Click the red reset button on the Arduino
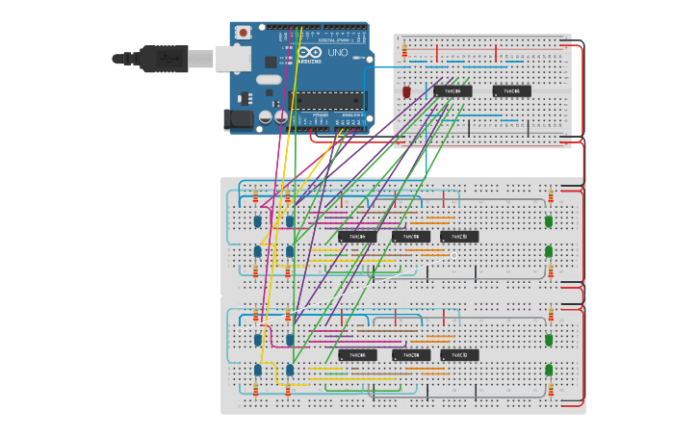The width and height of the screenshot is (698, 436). pyautogui.click(x=244, y=32)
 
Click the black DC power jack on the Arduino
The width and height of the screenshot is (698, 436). pyautogui.click(x=238, y=119)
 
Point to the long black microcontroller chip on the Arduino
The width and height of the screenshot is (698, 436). pyautogui.click(x=329, y=100)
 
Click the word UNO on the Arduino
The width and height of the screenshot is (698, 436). pyautogui.click(x=338, y=53)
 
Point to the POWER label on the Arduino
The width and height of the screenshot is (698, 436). pyautogui.click(x=321, y=115)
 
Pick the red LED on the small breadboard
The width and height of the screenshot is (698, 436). pyautogui.click(x=407, y=91)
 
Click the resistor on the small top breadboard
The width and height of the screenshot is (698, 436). pyautogui.click(x=404, y=51)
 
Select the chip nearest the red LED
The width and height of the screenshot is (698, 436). pyautogui.click(x=452, y=91)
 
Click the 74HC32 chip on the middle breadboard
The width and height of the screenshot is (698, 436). pyautogui.click(x=459, y=236)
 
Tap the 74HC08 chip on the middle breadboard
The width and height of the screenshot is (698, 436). pyautogui.click(x=410, y=236)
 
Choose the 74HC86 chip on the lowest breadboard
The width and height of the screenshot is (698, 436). pyautogui.click(x=356, y=354)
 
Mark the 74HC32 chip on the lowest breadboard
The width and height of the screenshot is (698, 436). pyautogui.click(x=459, y=354)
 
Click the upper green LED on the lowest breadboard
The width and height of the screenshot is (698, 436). pyautogui.click(x=549, y=340)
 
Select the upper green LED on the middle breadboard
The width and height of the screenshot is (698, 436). pyautogui.click(x=549, y=221)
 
